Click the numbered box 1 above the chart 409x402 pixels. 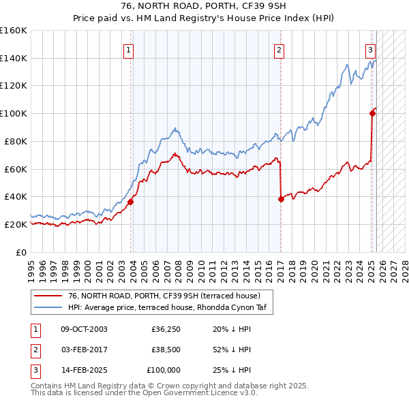(129, 49)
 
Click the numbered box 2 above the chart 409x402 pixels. (279, 49)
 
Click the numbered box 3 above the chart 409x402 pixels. (370, 49)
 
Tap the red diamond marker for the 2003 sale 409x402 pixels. (130, 202)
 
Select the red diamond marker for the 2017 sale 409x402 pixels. (281, 199)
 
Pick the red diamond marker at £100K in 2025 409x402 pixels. (373, 113)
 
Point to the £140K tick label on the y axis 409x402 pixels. (14, 58)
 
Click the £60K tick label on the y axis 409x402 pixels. (16, 169)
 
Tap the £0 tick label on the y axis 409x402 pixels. (20, 252)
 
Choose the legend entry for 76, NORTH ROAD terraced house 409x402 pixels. (164, 296)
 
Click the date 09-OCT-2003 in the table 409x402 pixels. (84, 330)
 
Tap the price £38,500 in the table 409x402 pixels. (166, 350)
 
